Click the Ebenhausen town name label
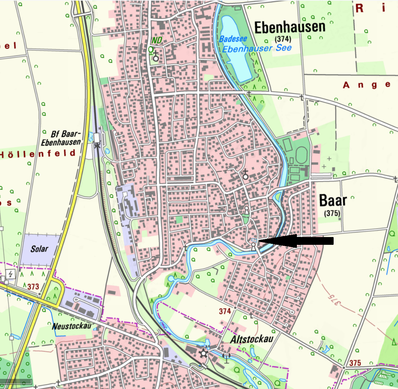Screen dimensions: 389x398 [x=289, y=28]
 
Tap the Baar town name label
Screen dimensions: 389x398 [x=333, y=201]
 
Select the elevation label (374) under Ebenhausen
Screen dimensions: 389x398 [x=283, y=39]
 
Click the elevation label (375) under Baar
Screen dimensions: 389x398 [x=332, y=213]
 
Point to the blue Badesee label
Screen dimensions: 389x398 [x=233, y=39]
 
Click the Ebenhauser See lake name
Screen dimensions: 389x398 [x=257, y=48]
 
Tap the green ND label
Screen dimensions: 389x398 [x=157, y=41]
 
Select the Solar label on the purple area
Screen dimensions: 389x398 [x=39, y=249]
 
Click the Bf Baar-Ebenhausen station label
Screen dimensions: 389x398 [x=61, y=138]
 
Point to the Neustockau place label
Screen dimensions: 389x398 [x=72, y=326]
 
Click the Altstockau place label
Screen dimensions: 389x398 [x=251, y=339]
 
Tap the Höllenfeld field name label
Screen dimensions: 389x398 [x=37, y=154]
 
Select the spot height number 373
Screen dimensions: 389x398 [x=33, y=287]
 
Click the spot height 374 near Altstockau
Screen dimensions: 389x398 [x=225, y=311]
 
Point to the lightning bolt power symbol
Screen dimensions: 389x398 [x=10, y=274]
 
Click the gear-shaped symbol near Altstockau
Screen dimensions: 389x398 [x=204, y=354]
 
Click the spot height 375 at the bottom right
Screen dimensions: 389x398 [x=355, y=363]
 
